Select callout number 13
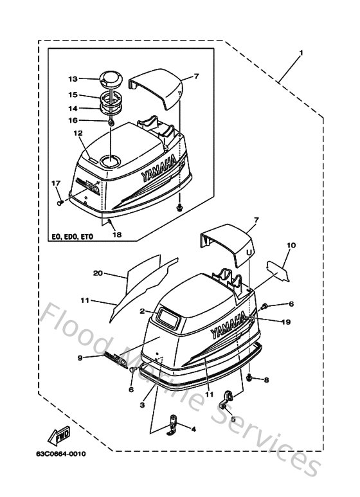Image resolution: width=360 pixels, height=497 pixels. (73, 79)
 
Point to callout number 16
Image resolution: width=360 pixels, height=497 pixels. (73, 120)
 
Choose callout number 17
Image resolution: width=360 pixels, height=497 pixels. (55, 184)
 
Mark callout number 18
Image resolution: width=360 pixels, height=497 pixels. (116, 235)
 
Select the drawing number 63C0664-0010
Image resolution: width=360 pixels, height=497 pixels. (61, 455)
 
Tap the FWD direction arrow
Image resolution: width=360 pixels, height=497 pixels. (63, 437)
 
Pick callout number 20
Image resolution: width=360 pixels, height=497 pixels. (98, 273)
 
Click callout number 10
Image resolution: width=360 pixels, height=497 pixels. (291, 245)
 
